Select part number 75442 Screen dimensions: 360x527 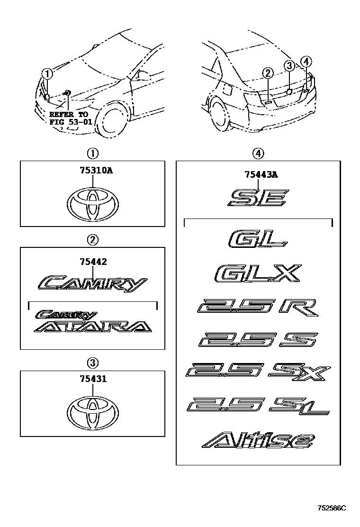point(93,262)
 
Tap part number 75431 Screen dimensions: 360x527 point(93,379)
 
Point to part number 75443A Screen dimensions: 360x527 point(261,174)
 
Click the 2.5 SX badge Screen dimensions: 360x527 point(258,372)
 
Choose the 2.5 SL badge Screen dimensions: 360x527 point(258,406)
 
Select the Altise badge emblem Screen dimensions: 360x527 point(258,441)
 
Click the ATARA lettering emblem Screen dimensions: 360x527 point(93,327)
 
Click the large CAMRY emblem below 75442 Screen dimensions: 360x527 point(92,284)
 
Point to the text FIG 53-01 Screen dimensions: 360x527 point(71,122)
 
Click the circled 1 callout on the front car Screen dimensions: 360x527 point(47,73)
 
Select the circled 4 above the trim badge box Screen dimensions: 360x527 point(258,154)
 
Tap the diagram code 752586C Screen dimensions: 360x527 point(332,508)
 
